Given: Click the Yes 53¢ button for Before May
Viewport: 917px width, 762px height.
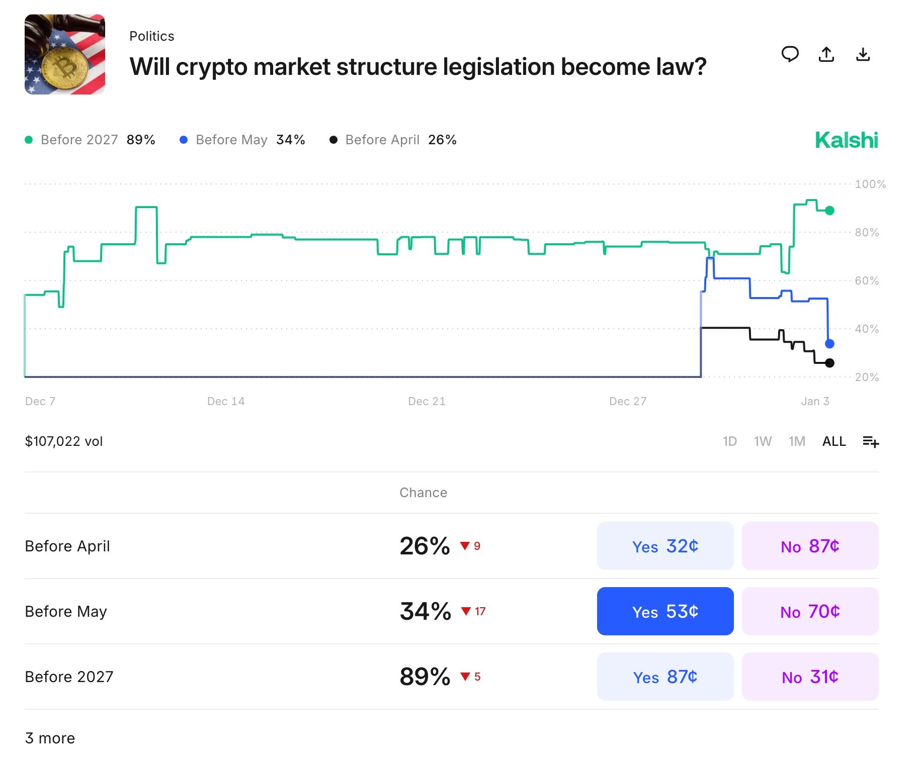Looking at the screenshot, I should [664, 611].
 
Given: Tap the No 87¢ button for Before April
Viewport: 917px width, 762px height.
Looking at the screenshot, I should [809, 546].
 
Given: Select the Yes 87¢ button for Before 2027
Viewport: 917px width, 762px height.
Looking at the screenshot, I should [664, 677].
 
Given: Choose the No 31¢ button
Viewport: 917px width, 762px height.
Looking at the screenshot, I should [809, 677].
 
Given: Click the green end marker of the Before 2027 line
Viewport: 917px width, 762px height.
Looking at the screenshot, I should [829, 211].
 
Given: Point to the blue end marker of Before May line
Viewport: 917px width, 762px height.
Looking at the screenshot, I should [829, 344].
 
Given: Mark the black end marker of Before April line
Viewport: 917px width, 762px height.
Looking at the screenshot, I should [829, 363].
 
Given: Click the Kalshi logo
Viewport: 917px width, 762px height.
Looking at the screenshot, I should [846, 140].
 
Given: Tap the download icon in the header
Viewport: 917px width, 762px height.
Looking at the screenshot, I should [863, 54].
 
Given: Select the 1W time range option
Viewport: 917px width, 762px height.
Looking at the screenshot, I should [762, 441].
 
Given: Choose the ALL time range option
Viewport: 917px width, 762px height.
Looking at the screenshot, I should [833, 441].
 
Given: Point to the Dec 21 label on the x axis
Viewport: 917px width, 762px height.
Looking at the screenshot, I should [427, 401].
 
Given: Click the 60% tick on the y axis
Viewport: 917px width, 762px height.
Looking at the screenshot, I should [866, 280].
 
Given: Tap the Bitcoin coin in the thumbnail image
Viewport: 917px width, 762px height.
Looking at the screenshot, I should [64, 68].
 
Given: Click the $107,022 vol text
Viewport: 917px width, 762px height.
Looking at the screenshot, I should [64, 441].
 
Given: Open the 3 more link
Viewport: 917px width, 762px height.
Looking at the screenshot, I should [50, 738].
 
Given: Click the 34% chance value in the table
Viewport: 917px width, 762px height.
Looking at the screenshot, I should [425, 611].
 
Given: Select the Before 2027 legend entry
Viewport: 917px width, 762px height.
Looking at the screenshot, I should [79, 140].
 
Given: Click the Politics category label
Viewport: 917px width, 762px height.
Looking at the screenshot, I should [151, 36].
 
